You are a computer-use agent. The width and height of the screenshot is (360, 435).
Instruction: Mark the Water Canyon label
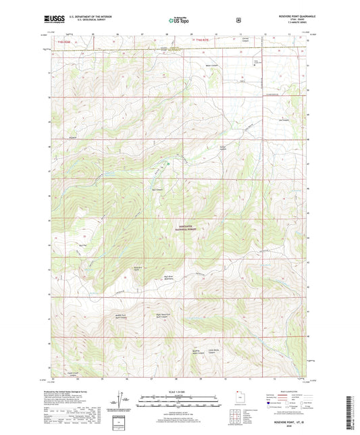228,66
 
